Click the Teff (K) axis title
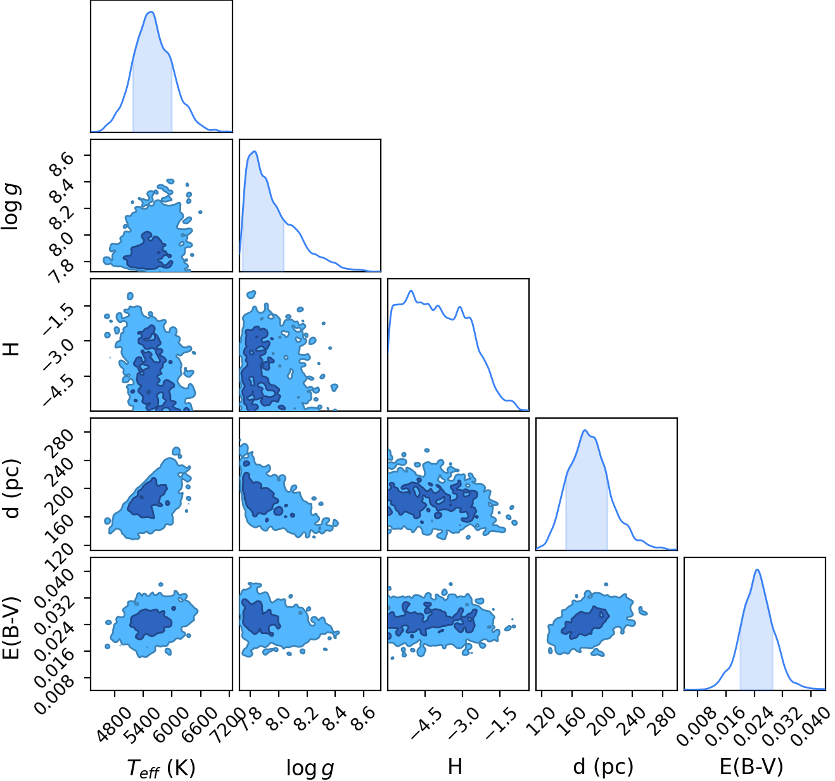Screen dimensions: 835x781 (161, 768)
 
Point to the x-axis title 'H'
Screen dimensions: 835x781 (455, 766)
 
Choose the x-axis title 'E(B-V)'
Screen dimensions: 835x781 (752, 767)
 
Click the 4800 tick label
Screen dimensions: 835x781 (111, 724)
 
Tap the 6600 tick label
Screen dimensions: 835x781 (196, 724)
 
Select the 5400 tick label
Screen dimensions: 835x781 (139, 724)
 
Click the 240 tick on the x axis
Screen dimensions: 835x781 (633, 721)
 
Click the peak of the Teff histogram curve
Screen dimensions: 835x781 (151, 12)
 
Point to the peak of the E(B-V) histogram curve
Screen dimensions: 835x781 (757, 569)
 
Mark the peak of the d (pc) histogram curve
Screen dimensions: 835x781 (585, 430)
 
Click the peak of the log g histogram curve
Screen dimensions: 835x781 (255, 151)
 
